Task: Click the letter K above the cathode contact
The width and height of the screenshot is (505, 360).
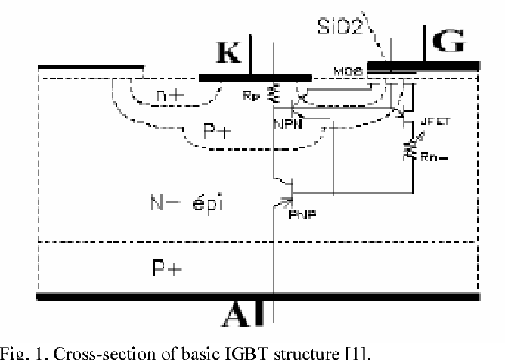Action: point(229,53)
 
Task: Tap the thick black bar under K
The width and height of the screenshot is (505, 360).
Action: point(255,77)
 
